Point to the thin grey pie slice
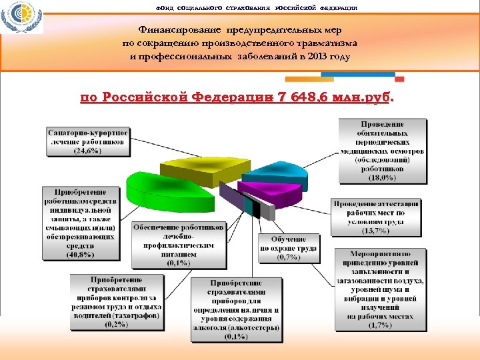click(266, 210)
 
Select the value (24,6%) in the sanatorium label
click(87, 151)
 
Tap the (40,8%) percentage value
click(81, 254)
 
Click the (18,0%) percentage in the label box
click(383, 177)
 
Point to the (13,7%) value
click(377, 230)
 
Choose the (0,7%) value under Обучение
click(288, 257)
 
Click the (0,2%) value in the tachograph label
click(117, 325)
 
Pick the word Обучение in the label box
click(289, 239)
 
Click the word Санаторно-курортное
click(87, 133)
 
